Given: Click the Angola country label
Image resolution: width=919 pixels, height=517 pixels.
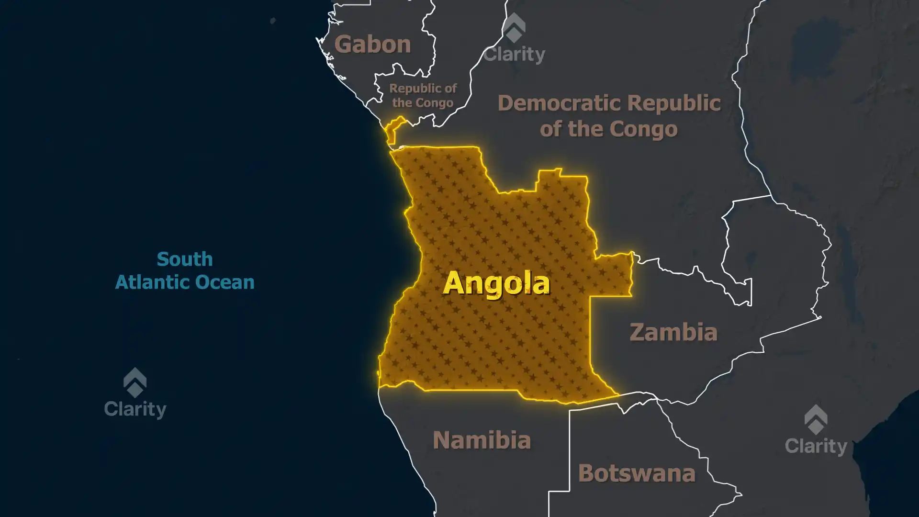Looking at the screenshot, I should (x=496, y=283).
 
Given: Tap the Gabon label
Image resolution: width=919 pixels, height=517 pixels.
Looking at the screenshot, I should (x=372, y=45).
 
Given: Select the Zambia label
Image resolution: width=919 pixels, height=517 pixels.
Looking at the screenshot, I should (x=673, y=332).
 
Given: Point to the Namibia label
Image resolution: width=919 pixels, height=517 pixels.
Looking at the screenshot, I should (x=482, y=440).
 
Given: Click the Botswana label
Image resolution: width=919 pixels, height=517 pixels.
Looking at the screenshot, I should (x=637, y=473).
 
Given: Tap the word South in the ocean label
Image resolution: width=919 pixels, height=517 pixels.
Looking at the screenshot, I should (x=185, y=259).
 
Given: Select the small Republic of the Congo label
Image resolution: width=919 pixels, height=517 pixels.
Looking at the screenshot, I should (x=423, y=95).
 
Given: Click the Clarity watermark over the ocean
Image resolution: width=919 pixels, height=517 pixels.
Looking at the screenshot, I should (x=135, y=409).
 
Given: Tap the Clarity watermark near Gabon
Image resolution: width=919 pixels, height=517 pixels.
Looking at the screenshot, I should (x=514, y=54).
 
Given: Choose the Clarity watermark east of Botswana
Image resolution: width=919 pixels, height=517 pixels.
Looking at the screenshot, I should (x=816, y=446).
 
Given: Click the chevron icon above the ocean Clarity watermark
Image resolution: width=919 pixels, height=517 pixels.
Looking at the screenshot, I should (x=135, y=382).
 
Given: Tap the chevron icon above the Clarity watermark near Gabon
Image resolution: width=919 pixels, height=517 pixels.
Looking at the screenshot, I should (x=514, y=28).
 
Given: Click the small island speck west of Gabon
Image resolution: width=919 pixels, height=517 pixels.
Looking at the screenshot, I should (x=273, y=21).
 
